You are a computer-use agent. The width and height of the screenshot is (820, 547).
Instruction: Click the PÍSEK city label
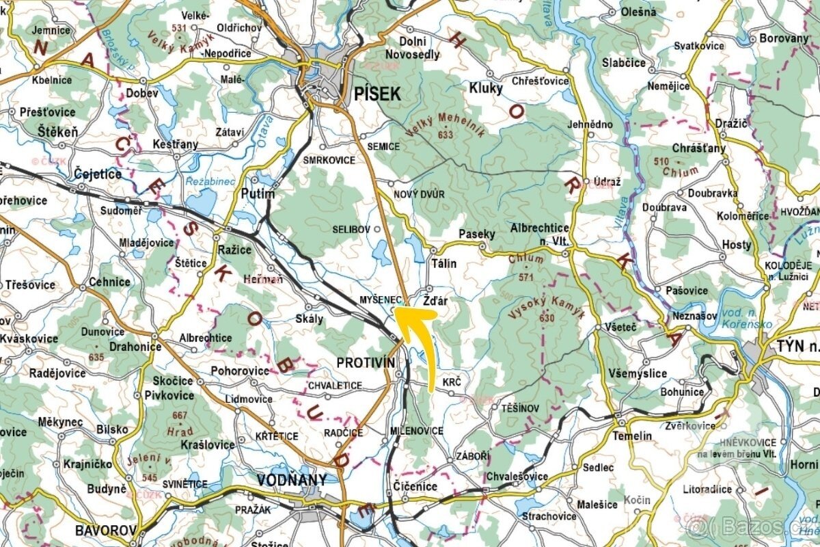(x=377, y=95)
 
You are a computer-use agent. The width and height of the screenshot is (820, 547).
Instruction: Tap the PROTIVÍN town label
(x=366, y=362)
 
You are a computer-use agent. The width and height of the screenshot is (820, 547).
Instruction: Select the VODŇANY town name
(x=292, y=480)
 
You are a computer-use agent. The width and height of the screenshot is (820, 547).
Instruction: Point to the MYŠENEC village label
(x=379, y=299)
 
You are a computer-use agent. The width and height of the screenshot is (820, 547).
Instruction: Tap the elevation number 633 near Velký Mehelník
(x=446, y=135)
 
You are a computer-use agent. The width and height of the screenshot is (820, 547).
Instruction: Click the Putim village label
(x=258, y=194)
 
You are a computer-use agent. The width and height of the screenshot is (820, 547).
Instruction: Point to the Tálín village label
(x=444, y=263)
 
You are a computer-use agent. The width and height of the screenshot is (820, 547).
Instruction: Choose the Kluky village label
(x=486, y=88)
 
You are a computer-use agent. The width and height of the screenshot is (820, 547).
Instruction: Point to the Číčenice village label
(x=415, y=486)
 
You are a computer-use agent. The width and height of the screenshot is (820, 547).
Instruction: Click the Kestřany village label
(x=176, y=144)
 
